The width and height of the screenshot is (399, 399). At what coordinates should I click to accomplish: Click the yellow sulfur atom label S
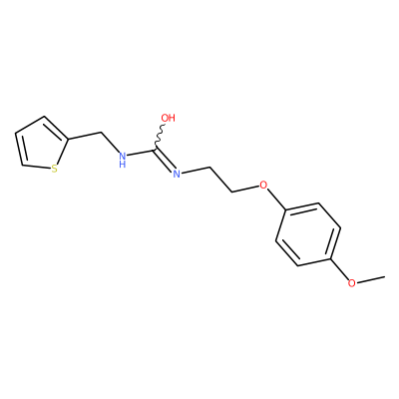55,169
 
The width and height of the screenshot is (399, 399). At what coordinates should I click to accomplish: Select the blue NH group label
123,160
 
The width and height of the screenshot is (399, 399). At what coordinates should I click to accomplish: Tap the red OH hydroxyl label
168,118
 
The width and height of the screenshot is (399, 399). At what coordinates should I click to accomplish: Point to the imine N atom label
177,173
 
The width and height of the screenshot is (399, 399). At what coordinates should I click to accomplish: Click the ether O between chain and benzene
263,185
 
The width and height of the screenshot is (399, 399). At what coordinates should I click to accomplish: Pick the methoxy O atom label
351,283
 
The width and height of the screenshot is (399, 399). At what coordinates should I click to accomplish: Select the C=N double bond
165,162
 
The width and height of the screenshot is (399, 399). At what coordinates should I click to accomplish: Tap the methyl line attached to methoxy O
370,279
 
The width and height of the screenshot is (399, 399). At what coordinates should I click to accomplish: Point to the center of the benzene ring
308,234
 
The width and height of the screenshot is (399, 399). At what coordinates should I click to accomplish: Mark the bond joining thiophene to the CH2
84,137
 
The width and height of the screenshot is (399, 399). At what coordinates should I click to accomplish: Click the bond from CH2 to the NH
109,143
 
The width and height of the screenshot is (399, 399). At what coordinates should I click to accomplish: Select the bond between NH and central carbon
141,153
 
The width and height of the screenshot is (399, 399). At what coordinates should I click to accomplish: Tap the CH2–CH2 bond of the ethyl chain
221,179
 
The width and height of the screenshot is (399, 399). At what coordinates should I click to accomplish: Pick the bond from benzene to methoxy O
339,269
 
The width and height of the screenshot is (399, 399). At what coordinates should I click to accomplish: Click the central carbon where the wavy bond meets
155,150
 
